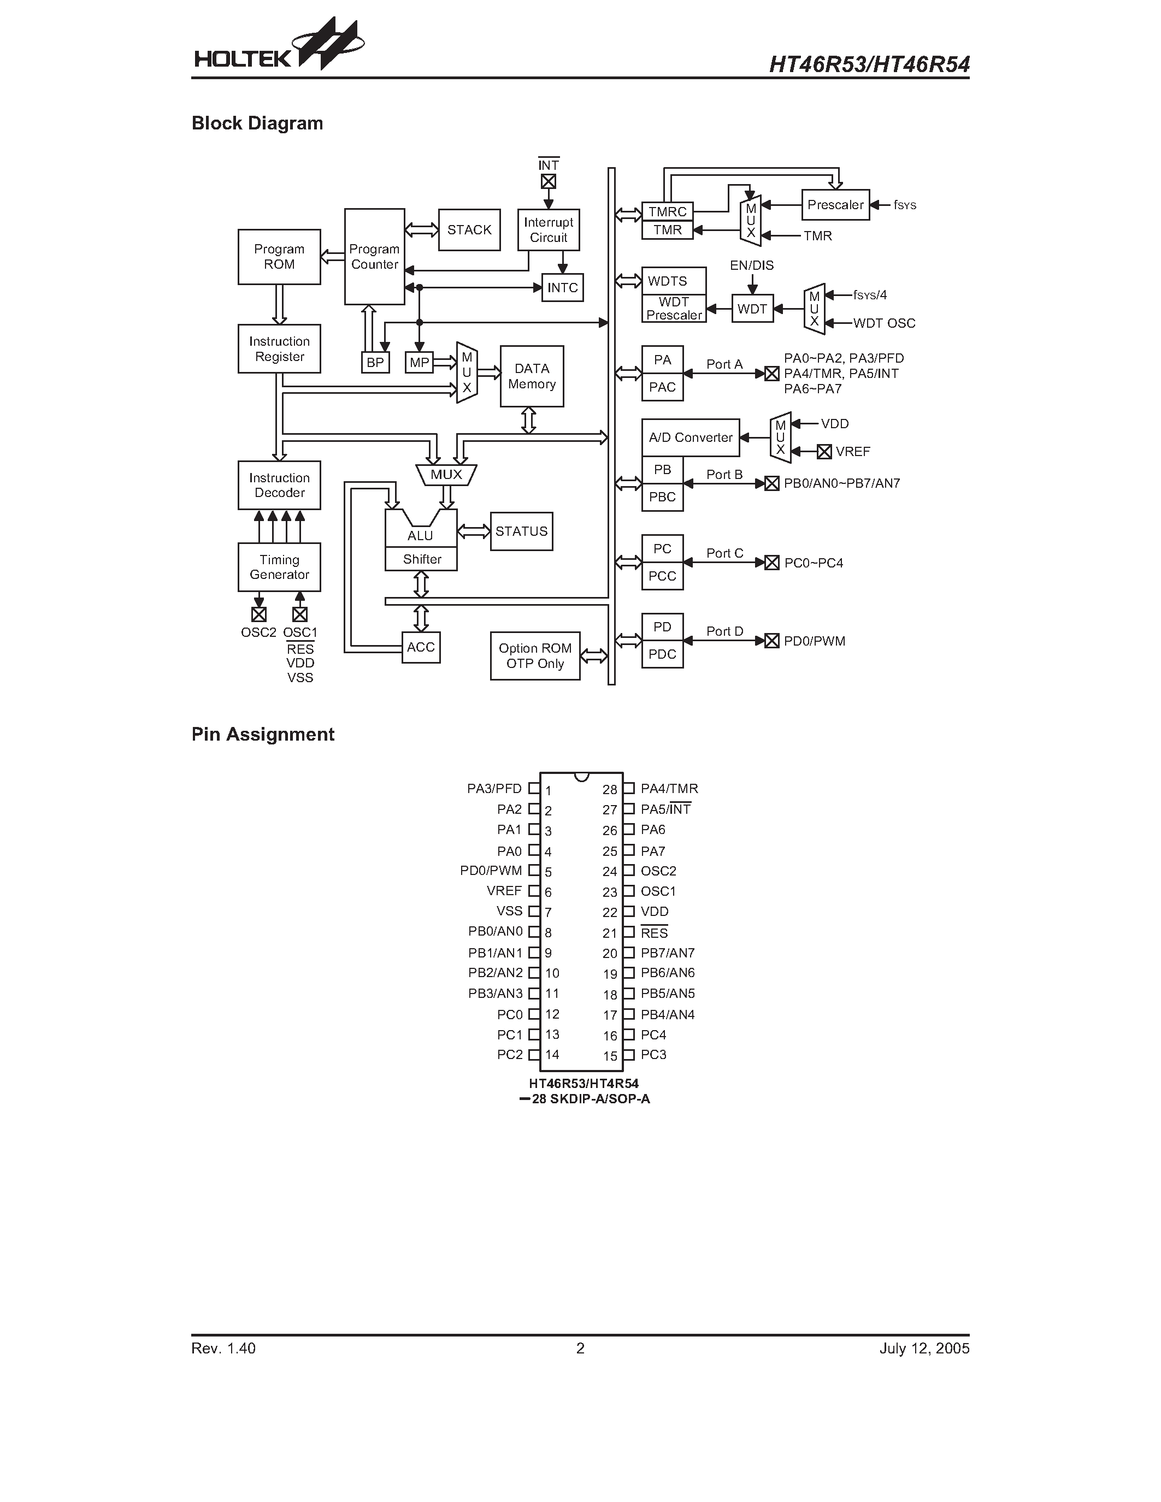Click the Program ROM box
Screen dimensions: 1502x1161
click(x=279, y=257)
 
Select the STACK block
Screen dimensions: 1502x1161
click(x=469, y=230)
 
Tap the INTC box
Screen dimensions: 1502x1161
click(x=563, y=287)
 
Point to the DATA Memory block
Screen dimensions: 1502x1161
click(x=532, y=376)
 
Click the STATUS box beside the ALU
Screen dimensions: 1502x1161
click(x=521, y=531)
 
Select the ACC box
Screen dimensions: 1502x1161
click(x=421, y=647)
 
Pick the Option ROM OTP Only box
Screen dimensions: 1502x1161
click(x=535, y=655)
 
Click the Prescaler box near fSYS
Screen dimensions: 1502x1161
click(x=835, y=205)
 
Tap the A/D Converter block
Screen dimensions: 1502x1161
click(x=691, y=437)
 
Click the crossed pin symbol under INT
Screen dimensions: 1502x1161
click(x=548, y=181)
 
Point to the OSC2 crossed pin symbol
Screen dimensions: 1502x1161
click(x=258, y=614)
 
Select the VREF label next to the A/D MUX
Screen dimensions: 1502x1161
click(x=853, y=452)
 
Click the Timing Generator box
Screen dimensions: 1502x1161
click(x=279, y=567)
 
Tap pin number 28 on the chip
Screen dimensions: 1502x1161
click(x=609, y=790)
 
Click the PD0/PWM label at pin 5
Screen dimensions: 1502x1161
click(x=491, y=871)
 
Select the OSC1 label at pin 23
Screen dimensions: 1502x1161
click(x=658, y=891)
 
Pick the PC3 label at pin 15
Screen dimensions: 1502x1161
click(x=653, y=1055)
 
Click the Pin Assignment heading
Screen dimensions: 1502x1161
click(x=263, y=735)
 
